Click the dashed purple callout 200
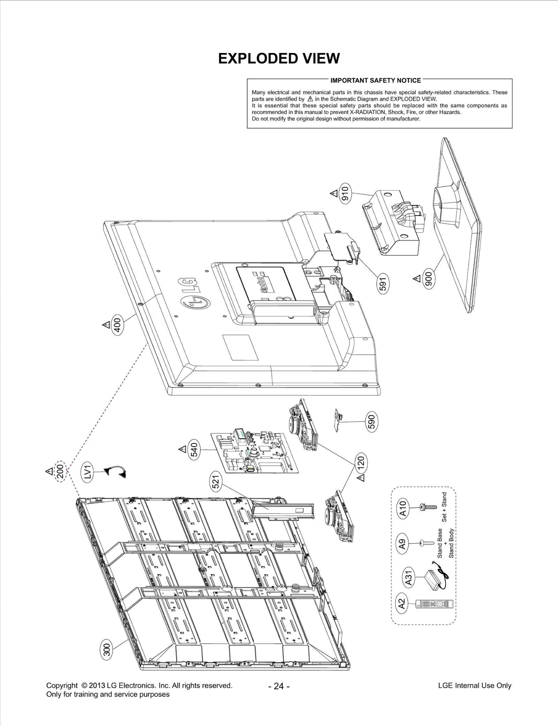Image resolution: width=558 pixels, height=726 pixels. tap(60, 472)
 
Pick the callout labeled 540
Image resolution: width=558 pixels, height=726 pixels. tap(194, 449)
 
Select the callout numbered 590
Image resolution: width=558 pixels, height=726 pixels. tap(372, 422)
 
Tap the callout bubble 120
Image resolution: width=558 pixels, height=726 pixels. tap(361, 462)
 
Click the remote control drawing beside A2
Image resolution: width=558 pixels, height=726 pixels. tap(434, 604)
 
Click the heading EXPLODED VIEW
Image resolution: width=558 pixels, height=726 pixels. tap(279, 59)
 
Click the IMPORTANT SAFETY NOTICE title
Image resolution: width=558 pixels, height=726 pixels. tap(375, 80)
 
